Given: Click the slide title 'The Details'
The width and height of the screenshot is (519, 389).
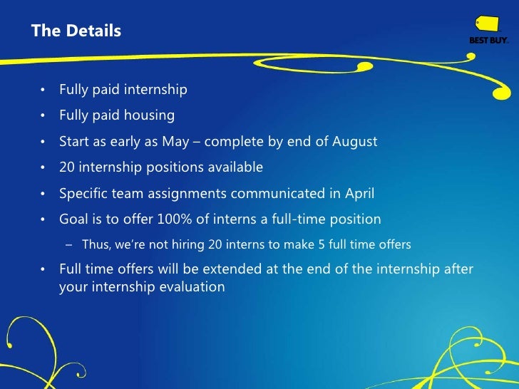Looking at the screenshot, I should click(76, 31).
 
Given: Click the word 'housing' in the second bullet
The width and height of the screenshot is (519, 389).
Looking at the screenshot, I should click(150, 115).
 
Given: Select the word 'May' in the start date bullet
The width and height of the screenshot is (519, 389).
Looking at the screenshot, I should click(175, 141).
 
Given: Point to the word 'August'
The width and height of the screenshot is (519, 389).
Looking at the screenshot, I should click(354, 141).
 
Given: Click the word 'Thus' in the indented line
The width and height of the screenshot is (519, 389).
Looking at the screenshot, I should click(95, 244).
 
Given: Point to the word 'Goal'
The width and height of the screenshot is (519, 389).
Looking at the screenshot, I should click(73, 219).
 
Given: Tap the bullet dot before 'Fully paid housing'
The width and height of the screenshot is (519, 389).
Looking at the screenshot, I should click(43, 116).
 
